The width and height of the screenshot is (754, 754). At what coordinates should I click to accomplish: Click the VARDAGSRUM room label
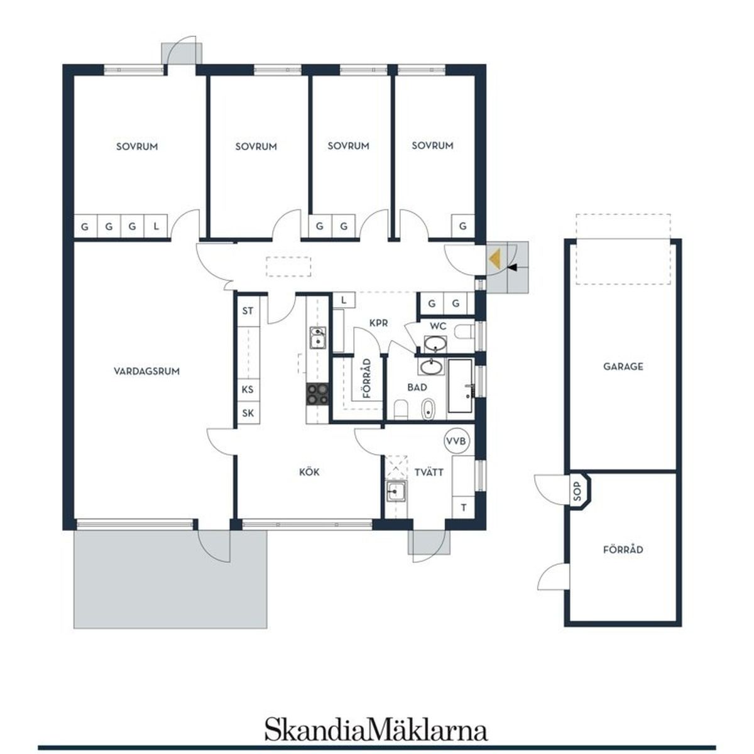tap(147, 371)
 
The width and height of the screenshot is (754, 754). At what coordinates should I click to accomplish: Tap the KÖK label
tap(309, 472)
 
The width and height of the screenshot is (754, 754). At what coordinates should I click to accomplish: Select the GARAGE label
tap(623, 366)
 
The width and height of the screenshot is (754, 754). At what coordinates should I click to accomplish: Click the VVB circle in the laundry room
tap(457, 441)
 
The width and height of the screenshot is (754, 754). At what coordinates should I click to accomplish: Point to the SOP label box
tap(577, 491)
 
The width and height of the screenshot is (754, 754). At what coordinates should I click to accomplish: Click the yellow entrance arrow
tap(494, 260)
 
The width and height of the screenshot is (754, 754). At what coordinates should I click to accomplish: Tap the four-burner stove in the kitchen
tap(317, 394)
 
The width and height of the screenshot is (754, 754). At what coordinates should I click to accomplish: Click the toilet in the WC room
tap(464, 332)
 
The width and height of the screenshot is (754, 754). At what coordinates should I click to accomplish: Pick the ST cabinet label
tap(248, 311)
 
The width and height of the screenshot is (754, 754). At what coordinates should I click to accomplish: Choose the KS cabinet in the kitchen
tap(248, 390)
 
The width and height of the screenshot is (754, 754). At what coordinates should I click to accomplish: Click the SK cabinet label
tap(248, 413)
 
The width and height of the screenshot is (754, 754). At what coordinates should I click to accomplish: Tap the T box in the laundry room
tap(464, 508)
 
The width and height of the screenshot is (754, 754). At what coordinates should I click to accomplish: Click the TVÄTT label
tap(429, 473)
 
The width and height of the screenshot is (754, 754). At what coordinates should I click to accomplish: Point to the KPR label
tap(379, 323)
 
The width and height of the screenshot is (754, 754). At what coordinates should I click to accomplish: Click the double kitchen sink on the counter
tap(318, 337)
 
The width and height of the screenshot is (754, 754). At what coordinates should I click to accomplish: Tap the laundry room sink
tap(396, 491)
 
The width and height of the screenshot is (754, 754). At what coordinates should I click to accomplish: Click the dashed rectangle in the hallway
tap(288, 267)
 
